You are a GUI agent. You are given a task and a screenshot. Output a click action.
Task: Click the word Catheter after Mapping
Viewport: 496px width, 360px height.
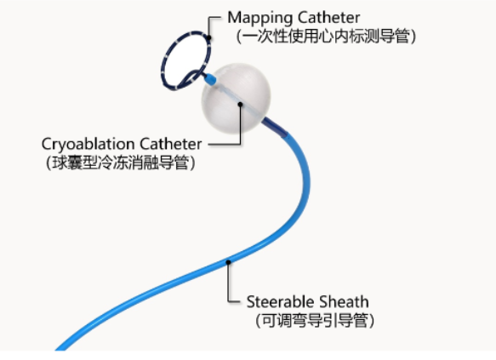pyautogui.click(x=329, y=17)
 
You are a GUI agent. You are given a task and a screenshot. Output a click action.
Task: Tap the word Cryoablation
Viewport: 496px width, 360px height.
pyautogui.click(x=88, y=145)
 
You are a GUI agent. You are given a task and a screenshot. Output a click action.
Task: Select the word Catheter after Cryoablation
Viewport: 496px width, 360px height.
pyautogui.click(x=171, y=144)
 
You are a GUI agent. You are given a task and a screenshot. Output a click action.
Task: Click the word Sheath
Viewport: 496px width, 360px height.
pyautogui.click(x=344, y=302)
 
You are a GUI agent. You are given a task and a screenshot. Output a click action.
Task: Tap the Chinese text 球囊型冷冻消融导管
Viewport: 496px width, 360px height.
pyautogui.click(x=120, y=163)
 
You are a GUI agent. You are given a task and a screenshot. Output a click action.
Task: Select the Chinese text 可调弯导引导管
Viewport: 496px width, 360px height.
pyautogui.click(x=315, y=321)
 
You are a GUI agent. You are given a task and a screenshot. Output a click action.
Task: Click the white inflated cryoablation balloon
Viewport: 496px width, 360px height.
pyautogui.click(x=236, y=98)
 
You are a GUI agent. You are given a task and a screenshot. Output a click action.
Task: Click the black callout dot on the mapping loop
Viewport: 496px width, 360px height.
pyautogui.click(x=209, y=38)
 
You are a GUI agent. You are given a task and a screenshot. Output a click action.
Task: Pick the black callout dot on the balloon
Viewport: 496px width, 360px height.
pyautogui.click(x=241, y=105)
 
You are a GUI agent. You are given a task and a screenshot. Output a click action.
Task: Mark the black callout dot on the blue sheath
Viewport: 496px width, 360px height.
pyautogui.click(x=228, y=262)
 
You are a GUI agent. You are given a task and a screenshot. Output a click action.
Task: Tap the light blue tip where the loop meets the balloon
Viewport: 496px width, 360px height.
pyautogui.click(x=210, y=79)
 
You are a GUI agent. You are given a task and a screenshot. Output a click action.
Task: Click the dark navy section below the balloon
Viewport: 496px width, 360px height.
pyautogui.click(x=275, y=127)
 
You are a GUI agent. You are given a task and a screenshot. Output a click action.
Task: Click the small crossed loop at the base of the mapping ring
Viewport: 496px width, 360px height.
pyautogui.click(x=194, y=77)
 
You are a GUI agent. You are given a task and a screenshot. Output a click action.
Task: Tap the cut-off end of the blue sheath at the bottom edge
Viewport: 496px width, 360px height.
pyautogui.click(x=60, y=348)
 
